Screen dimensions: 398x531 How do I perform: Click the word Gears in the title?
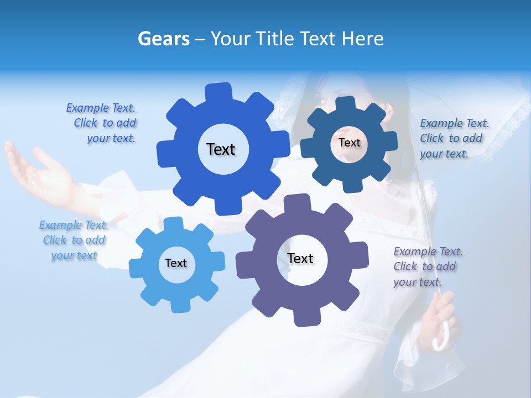pyautogui.click(x=163, y=39)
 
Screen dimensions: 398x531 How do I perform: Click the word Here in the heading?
pyautogui.click(x=362, y=39)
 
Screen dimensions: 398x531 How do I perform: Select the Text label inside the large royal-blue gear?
pyautogui.click(x=221, y=149)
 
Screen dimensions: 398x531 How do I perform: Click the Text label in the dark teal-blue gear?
pyautogui.click(x=349, y=143)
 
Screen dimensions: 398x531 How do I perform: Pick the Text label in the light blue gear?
pyautogui.click(x=176, y=263)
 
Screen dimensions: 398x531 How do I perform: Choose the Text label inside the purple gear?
pyautogui.click(x=300, y=258)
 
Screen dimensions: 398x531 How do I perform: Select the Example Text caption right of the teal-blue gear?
pyautogui.click(x=454, y=138)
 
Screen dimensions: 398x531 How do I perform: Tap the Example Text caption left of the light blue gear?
pyautogui.click(x=74, y=240)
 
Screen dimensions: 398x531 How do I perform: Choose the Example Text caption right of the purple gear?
pyautogui.click(x=427, y=266)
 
